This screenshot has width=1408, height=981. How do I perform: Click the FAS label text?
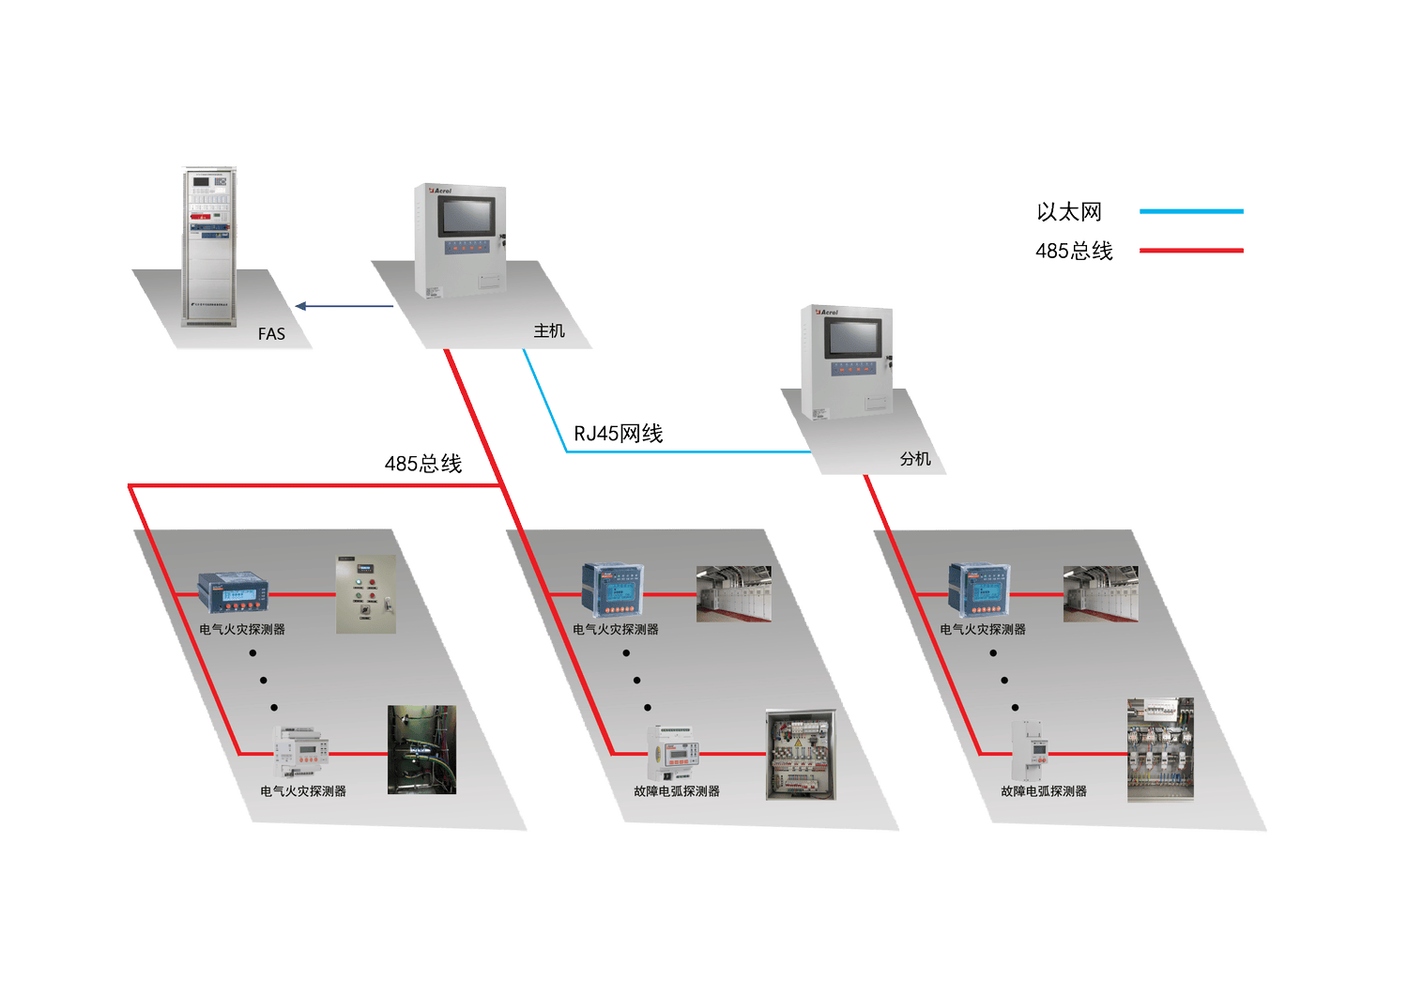coord(271,333)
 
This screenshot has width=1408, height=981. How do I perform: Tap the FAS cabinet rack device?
coord(209,246)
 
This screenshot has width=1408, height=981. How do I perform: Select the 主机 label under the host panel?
coord(549,330)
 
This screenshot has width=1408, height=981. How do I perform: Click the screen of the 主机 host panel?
coord(466,218)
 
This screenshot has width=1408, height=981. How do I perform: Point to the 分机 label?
coord(915,458)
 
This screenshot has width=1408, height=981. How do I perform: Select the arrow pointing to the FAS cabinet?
coord(344,306)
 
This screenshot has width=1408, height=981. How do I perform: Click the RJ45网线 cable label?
coord(618,433)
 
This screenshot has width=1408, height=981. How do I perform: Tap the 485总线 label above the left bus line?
coord(422,463)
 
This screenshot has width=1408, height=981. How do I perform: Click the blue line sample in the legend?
coord(1191,211)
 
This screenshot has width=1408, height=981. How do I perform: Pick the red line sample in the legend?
coord(1191,251)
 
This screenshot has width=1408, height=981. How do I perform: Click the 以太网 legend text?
coord(1069,212)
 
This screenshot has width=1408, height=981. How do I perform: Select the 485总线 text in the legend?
coord(1074,251)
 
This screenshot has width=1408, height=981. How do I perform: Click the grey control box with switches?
coord(366,594)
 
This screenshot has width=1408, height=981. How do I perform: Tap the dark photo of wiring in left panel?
coord(421,749)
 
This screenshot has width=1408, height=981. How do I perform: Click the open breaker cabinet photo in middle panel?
coord(800,755)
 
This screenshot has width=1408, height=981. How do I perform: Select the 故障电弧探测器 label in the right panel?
coord(1043,791)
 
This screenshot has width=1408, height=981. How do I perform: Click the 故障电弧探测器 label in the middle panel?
coord(676,791)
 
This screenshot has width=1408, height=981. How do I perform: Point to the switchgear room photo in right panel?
coord(1100,594)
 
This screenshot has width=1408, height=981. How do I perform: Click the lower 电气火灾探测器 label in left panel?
coord(303,791)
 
